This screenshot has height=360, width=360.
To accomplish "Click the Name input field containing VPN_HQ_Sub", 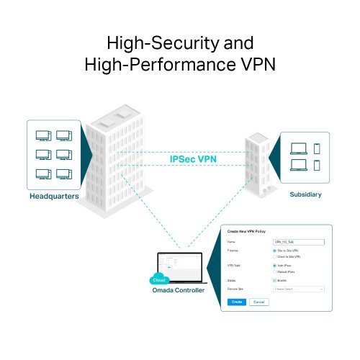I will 295,241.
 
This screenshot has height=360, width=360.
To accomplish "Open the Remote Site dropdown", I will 295,289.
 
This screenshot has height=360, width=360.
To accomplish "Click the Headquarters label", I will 54,195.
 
